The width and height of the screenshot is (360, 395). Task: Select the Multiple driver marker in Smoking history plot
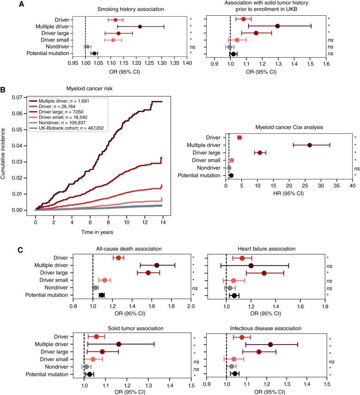pyautogui.click(x=140, y=27)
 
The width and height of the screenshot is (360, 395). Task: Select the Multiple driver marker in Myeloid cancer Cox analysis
pyautogui.click(x=310, y=145)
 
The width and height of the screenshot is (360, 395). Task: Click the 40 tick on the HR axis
pyautogui.click(x=353, y=185)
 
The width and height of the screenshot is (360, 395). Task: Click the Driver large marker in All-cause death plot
pyautogui.click(x=148, y=273)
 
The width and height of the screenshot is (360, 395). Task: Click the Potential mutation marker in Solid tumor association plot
pyautogui.click(x=90, y=374)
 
